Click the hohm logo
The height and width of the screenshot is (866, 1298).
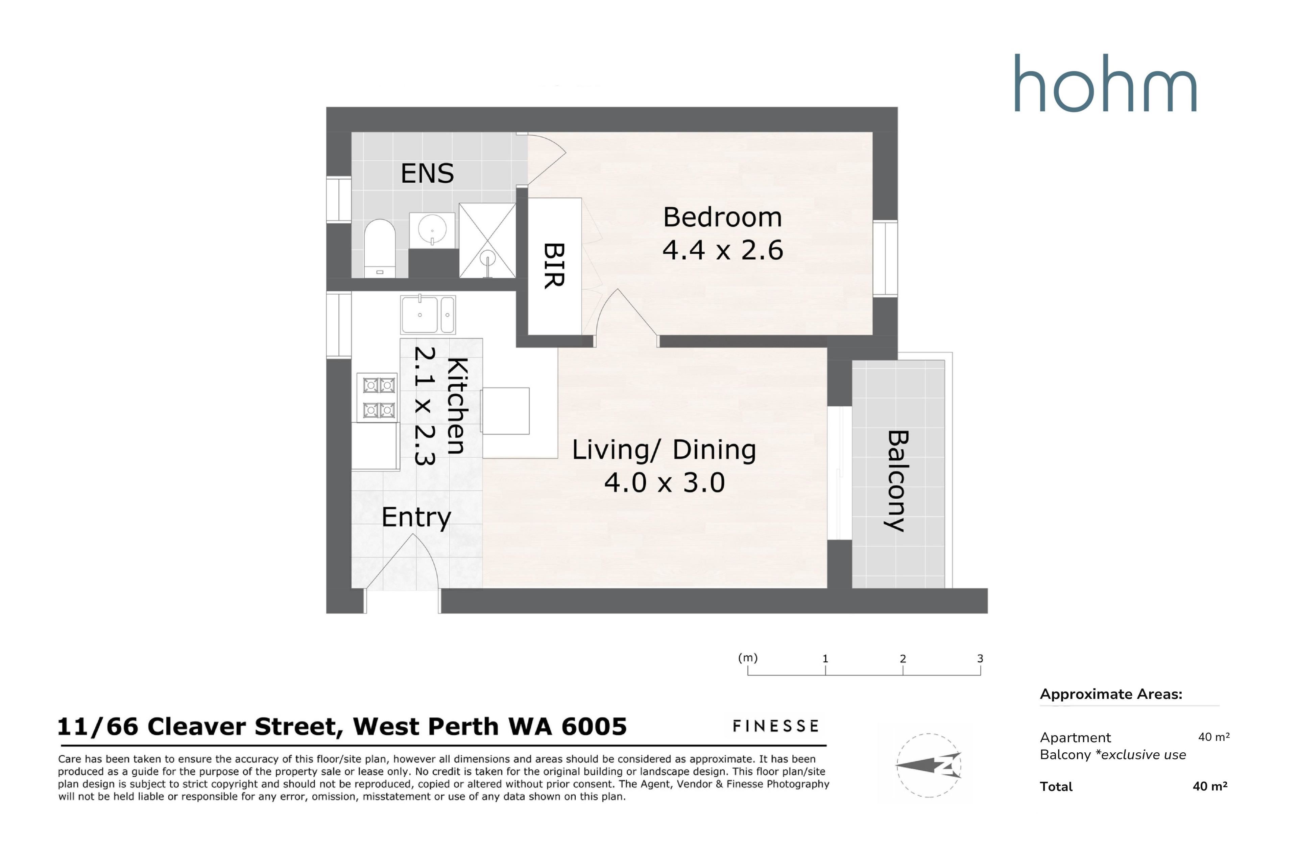coord(1105,84)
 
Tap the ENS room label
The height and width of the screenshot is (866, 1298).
coord(427,174)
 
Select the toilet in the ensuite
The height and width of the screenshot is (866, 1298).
coord(380,249)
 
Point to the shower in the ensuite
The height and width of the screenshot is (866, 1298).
coord(487,240)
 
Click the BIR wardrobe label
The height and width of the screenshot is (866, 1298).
coord(554,266)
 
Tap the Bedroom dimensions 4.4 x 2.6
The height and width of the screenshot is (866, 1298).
coord(722,250)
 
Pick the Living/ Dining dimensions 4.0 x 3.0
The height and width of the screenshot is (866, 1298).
coord(665,483)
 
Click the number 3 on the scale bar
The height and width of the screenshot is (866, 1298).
coord(980,658)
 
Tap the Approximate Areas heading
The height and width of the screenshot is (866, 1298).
coord(1111,694)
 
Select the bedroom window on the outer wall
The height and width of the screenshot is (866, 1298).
coord(885,258)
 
